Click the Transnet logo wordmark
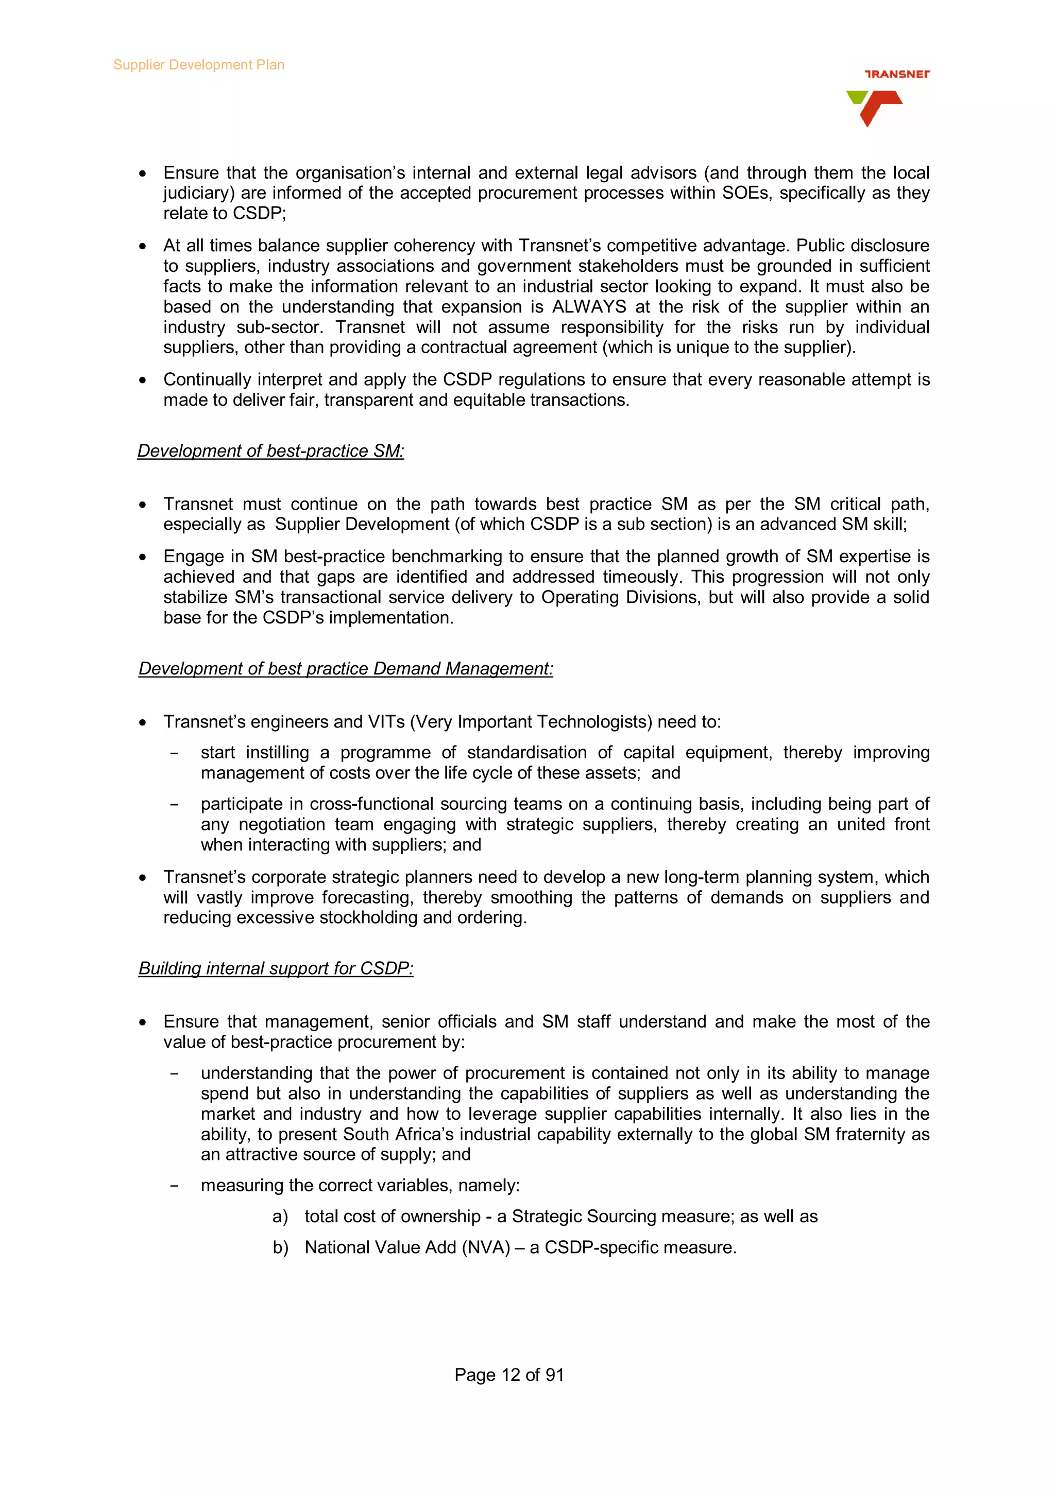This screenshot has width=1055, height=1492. pyautogui.click(x=897, y=74)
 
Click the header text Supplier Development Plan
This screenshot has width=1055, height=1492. pyautogui.click(x=198, y=65)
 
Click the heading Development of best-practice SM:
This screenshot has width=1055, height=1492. pyautogui.click(x=270, y=451)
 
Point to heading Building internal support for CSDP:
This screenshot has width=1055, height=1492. pyautogui.click(x=276, y=968)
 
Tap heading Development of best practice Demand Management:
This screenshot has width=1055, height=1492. pyautogui.click(x=346, y=669)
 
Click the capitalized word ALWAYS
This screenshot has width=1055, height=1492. pyautogui.click(x=589, y=307)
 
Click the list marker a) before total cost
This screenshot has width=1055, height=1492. pyautogui.click(x=280, y=1217)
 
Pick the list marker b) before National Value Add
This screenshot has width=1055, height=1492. pyautogui.click(x=280, y=1247)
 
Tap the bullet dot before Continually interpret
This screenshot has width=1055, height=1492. pyautogui.click(x=142, y=380)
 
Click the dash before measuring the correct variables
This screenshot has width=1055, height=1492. pyautogui.click(x=174, y=1186)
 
